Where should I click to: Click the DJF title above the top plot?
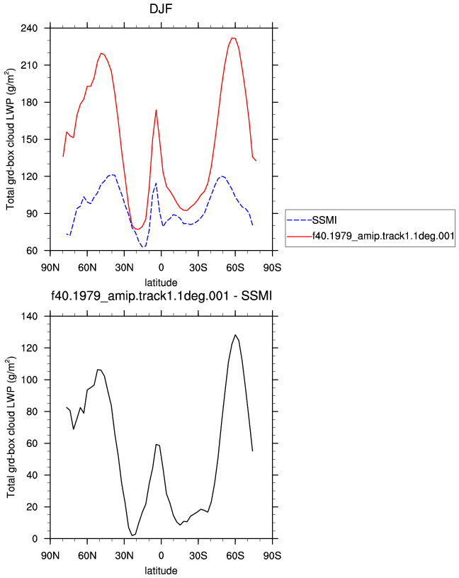tap(161, 8)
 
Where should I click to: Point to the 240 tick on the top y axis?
tap(30, 28)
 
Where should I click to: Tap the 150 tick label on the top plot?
tap(30, 140)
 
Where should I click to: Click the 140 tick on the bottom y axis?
tap(30, 317)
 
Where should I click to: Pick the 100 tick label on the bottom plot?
tap(30, 380)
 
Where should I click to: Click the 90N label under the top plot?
tap(50, 268)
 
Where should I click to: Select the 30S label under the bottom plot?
tap(198, 555)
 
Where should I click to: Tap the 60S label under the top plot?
tap(235, 268)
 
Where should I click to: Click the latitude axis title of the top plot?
tap(161, 283)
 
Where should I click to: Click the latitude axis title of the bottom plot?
tap(161, 571)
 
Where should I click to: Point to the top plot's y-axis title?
tap(11, 139)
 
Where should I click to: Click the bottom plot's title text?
tap(161, 295)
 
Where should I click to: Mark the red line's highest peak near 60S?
tap(232, 38)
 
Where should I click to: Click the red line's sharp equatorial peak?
tap(157, 110)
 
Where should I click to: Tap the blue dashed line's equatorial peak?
tap(157, 183)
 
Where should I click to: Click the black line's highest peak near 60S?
tap(235, 335)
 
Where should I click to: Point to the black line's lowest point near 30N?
tap(132, 535)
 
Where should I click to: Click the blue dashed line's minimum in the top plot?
tap(143, 246)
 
